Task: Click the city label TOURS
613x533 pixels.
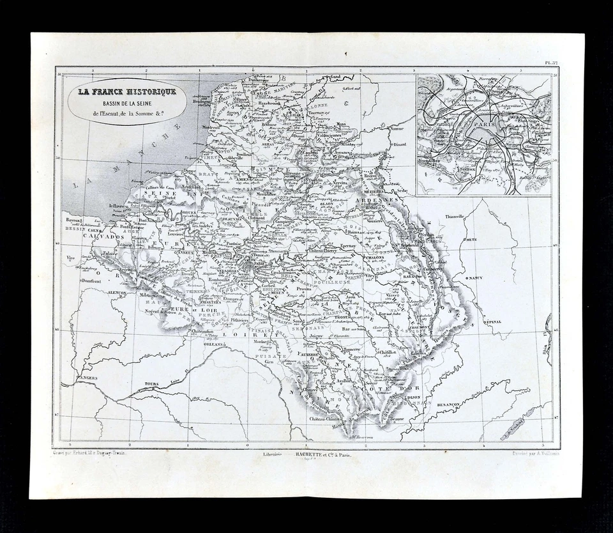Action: [151, 383]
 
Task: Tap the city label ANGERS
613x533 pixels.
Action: [88, 378]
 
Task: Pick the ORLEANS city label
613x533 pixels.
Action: [215, 343]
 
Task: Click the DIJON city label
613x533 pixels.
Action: [414, 396]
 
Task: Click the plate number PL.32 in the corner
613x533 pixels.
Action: [550, 63]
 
